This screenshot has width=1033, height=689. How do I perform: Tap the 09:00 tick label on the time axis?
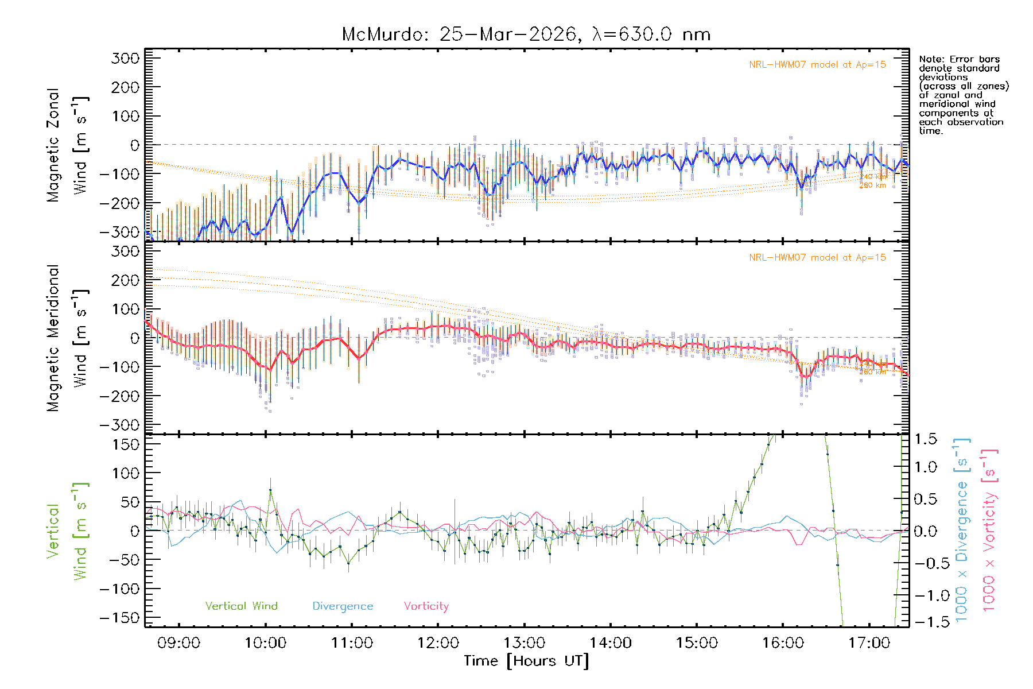178,642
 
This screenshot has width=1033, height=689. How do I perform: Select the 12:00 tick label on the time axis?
438,642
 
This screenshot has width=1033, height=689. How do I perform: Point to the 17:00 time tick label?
869,642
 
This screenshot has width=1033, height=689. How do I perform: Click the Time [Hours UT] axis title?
526,661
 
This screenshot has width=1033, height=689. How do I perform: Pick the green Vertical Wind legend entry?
241,606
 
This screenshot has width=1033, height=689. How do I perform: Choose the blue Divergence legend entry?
343,606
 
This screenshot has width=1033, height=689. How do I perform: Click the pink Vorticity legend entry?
426,606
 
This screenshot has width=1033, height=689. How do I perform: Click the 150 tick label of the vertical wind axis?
126,444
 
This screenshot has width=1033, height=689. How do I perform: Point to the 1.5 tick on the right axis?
925,439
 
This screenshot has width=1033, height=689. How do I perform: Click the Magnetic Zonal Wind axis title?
67,145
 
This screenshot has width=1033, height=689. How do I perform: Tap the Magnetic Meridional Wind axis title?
67,338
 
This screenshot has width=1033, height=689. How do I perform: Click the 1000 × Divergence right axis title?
962,529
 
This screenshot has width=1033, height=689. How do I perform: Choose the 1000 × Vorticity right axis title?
989,529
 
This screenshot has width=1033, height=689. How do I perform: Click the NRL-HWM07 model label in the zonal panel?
817,65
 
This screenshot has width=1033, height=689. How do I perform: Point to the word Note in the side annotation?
930,59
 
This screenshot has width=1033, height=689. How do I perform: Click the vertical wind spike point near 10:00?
270,490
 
